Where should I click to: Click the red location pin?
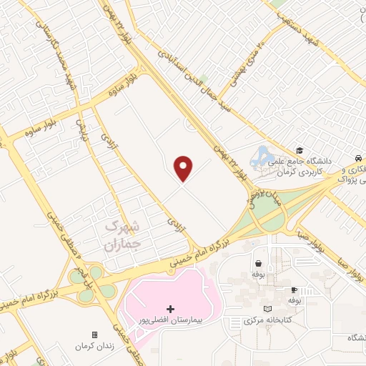pos(184,167)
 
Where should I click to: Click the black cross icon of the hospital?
pos(170,308)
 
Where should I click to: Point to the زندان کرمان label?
pos(94,346)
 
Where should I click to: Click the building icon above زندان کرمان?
pos(94,335)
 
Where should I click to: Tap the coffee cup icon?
pos(294,290)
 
